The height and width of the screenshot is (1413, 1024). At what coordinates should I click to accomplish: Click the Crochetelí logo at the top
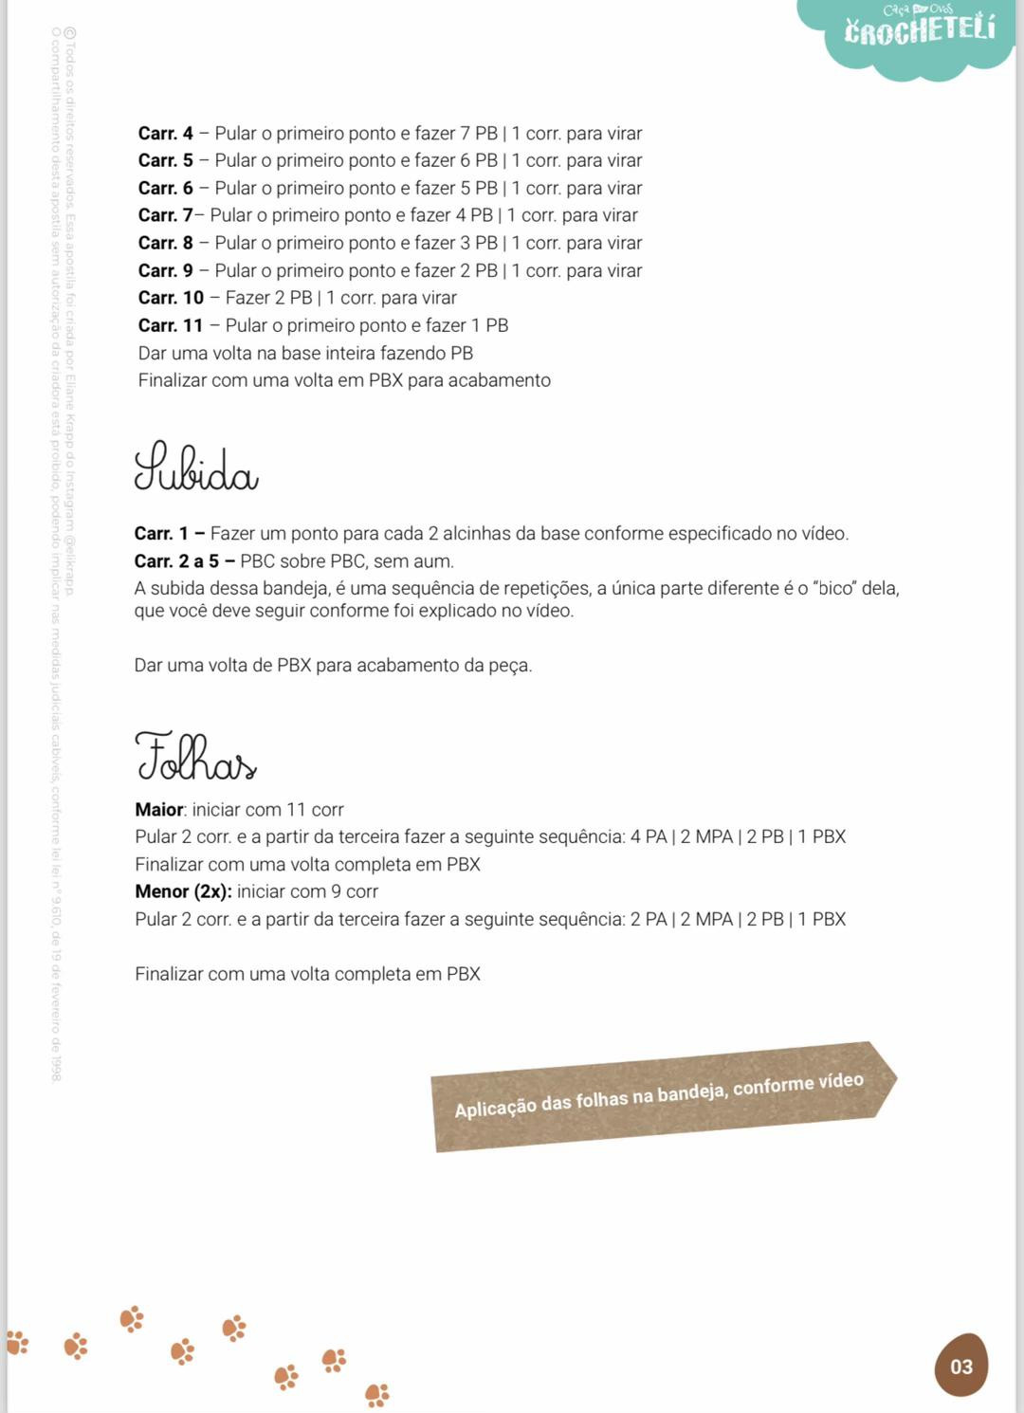pos(919,29)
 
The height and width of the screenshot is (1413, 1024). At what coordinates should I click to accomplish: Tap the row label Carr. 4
pos(165,134)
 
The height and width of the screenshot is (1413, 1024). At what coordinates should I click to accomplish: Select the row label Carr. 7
pos(165,216)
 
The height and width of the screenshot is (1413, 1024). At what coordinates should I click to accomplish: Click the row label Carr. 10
pos(171,299)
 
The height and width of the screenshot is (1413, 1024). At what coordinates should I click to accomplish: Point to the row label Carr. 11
pos(171,326)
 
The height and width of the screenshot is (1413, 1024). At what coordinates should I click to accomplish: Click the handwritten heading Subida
pos(195,467)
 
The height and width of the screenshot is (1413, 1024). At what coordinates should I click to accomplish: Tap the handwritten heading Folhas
pos(195,757)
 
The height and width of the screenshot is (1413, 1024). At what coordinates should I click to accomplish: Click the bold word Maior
pos(158,810)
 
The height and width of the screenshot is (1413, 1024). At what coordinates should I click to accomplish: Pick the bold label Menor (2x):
pos(182,891)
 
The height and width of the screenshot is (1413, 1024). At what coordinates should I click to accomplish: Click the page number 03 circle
pos(960,1367)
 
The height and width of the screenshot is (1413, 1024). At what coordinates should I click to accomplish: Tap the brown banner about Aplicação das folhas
pos(660,1095)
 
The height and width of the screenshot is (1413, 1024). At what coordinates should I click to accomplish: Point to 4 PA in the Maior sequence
pos(648,837)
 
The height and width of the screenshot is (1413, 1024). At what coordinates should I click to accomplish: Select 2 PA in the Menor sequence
pos(648,919)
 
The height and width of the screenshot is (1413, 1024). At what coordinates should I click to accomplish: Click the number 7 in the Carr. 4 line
pos(465,134)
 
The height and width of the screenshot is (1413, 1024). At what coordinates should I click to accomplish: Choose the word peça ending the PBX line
pos(510,666)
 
